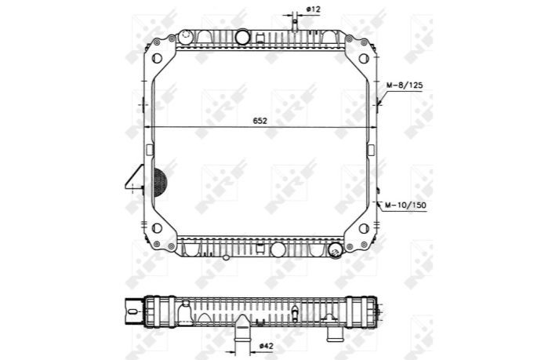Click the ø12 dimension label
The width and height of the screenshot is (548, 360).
pyautogui.click(x=313, y=9)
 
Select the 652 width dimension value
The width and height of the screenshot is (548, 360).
pyautogui.click(x=260, y=121)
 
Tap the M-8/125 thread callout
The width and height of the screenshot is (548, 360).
pyautogui.click(x=405, y=85)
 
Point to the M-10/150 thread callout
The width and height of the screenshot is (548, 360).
pyautogui.click(x=406, y=205)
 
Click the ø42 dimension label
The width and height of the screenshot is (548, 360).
pyautogui.click(x=267, y=346)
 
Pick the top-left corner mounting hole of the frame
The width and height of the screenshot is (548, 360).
pyautogui.click(x=157, y=58)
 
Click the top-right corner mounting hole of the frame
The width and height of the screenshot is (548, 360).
pyautogui.click(x=364, y=58)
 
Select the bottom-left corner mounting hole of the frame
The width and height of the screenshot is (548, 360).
pyautogui.click(x=157, y=228)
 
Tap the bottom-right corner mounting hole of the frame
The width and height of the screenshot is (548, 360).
pyautogui.click(x=364, y=228)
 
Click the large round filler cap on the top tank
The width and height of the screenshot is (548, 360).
pyautogui.click(x=241, y=38)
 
